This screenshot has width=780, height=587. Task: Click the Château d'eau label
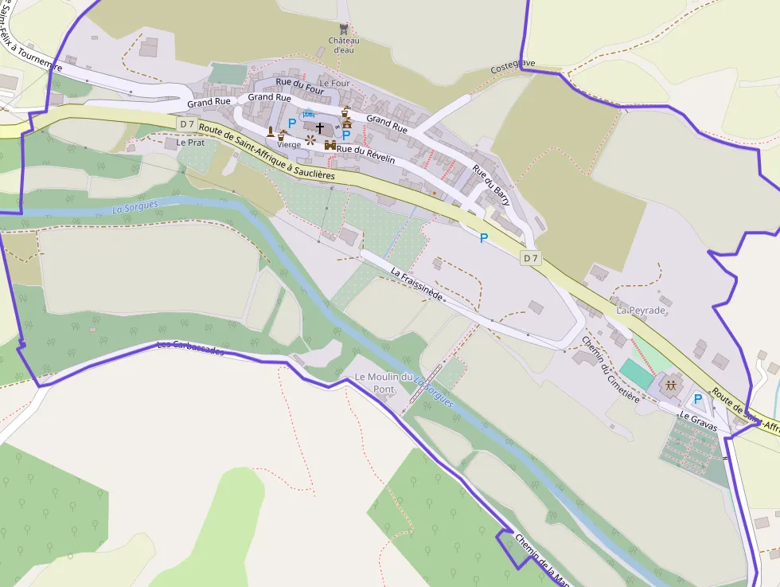344,45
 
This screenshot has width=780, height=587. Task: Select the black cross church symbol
320,127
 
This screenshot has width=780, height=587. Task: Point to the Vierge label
289,144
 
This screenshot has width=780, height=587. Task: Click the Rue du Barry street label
490,185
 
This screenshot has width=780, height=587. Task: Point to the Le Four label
334,83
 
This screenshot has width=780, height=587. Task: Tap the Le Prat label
191,143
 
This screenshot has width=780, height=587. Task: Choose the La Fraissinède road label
416,283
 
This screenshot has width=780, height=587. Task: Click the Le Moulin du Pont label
385,382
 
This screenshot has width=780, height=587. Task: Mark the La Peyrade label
641,309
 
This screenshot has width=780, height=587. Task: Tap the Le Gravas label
697,422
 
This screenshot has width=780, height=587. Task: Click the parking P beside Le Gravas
698,399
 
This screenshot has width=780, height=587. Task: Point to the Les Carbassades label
191,349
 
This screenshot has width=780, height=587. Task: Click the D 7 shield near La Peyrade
531,257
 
